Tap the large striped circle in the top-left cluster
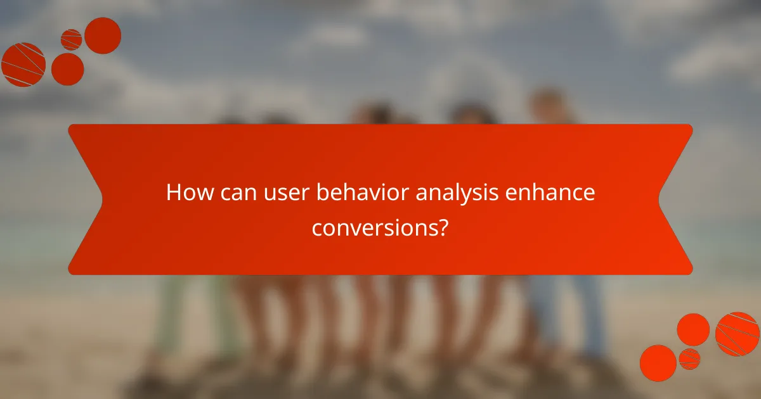23,65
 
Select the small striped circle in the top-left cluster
71,40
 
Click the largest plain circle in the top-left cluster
103,35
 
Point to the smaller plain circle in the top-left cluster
67,69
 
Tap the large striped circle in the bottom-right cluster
738,334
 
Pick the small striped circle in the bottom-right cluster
689,358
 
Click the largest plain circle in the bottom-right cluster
658,363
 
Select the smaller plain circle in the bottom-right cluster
693,329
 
